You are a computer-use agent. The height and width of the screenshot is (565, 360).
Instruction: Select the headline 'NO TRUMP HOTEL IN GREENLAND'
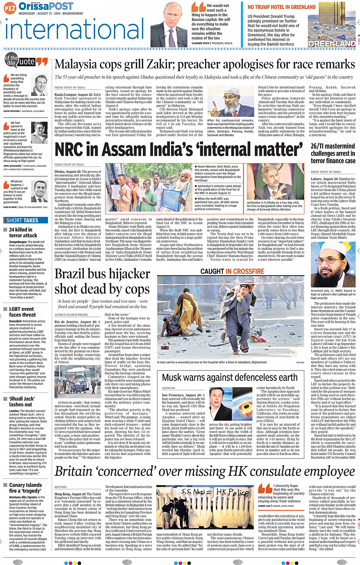click(x=282, y=7)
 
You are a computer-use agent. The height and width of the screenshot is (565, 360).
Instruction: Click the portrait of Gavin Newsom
click(x=41, y=86)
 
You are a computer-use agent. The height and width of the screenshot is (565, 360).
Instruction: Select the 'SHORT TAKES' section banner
click(x=22, y=220)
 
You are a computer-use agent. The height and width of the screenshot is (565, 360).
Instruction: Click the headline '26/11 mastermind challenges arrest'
click(x=333, y=153)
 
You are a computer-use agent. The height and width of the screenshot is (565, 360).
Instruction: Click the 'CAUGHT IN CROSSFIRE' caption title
click(x=232, y=271)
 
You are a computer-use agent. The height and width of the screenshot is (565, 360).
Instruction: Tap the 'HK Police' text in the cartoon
click(x=232, y=493)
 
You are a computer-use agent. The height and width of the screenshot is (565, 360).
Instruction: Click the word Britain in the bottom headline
click(x=79, y=471)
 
